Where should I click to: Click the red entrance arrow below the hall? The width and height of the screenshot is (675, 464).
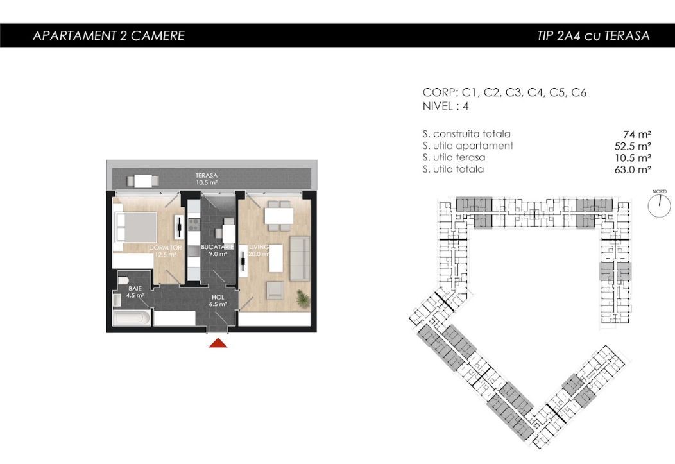pos(219,343)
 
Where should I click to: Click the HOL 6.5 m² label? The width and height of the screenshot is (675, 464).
pos(219,301)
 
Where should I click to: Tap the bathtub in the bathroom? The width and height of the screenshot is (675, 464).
pos(133,318)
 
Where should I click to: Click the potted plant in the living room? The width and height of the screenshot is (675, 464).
pos(302,298)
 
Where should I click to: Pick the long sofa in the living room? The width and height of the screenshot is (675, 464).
pos(300,259)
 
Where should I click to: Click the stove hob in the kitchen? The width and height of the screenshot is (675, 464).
pos(192,227)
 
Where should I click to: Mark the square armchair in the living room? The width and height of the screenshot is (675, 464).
pos(275,291)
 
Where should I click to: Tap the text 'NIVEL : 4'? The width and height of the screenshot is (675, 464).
pos(445,107)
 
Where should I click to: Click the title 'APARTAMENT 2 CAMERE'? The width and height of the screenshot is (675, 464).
pos(108,36)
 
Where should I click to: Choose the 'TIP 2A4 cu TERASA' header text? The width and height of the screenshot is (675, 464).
pos(593,36)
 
